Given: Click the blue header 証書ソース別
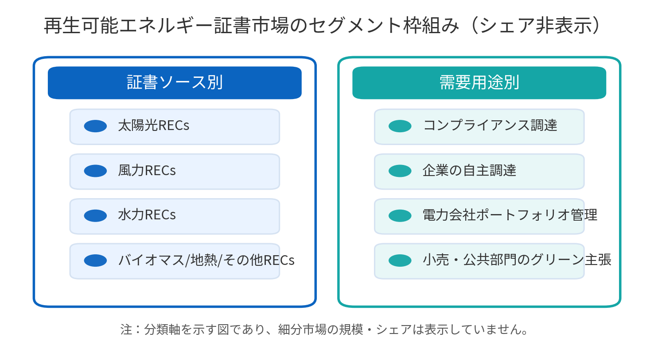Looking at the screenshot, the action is click(175, 83).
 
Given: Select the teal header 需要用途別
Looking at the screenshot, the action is click(479, 83).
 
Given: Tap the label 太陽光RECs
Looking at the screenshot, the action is click(154, 126).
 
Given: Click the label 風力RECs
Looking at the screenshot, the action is click(147, 170).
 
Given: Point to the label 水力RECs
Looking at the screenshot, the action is click(147, 215).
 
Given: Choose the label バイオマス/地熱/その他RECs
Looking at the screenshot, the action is click(206, 260).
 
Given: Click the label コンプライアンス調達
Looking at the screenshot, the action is click(490, 126).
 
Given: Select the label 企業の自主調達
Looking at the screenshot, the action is click(470, 170).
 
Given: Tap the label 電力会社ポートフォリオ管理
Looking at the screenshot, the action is click(510, 215).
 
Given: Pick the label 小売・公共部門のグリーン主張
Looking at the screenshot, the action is click(517, 260).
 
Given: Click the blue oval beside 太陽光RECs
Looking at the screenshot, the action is click(95, 126).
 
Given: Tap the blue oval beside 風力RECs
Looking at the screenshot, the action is click(95, 171).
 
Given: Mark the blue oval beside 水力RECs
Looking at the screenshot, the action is click(95, 216).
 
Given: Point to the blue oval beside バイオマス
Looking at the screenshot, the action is click(95, 261).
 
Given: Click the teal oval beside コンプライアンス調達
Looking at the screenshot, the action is click(400, 126).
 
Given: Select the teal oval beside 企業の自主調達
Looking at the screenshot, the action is click(400, 171).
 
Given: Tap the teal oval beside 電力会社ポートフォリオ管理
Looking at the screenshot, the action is click(400, 216).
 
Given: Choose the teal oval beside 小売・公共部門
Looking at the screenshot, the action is click(400, 261).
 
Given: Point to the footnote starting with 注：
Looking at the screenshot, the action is click(325, 330).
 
